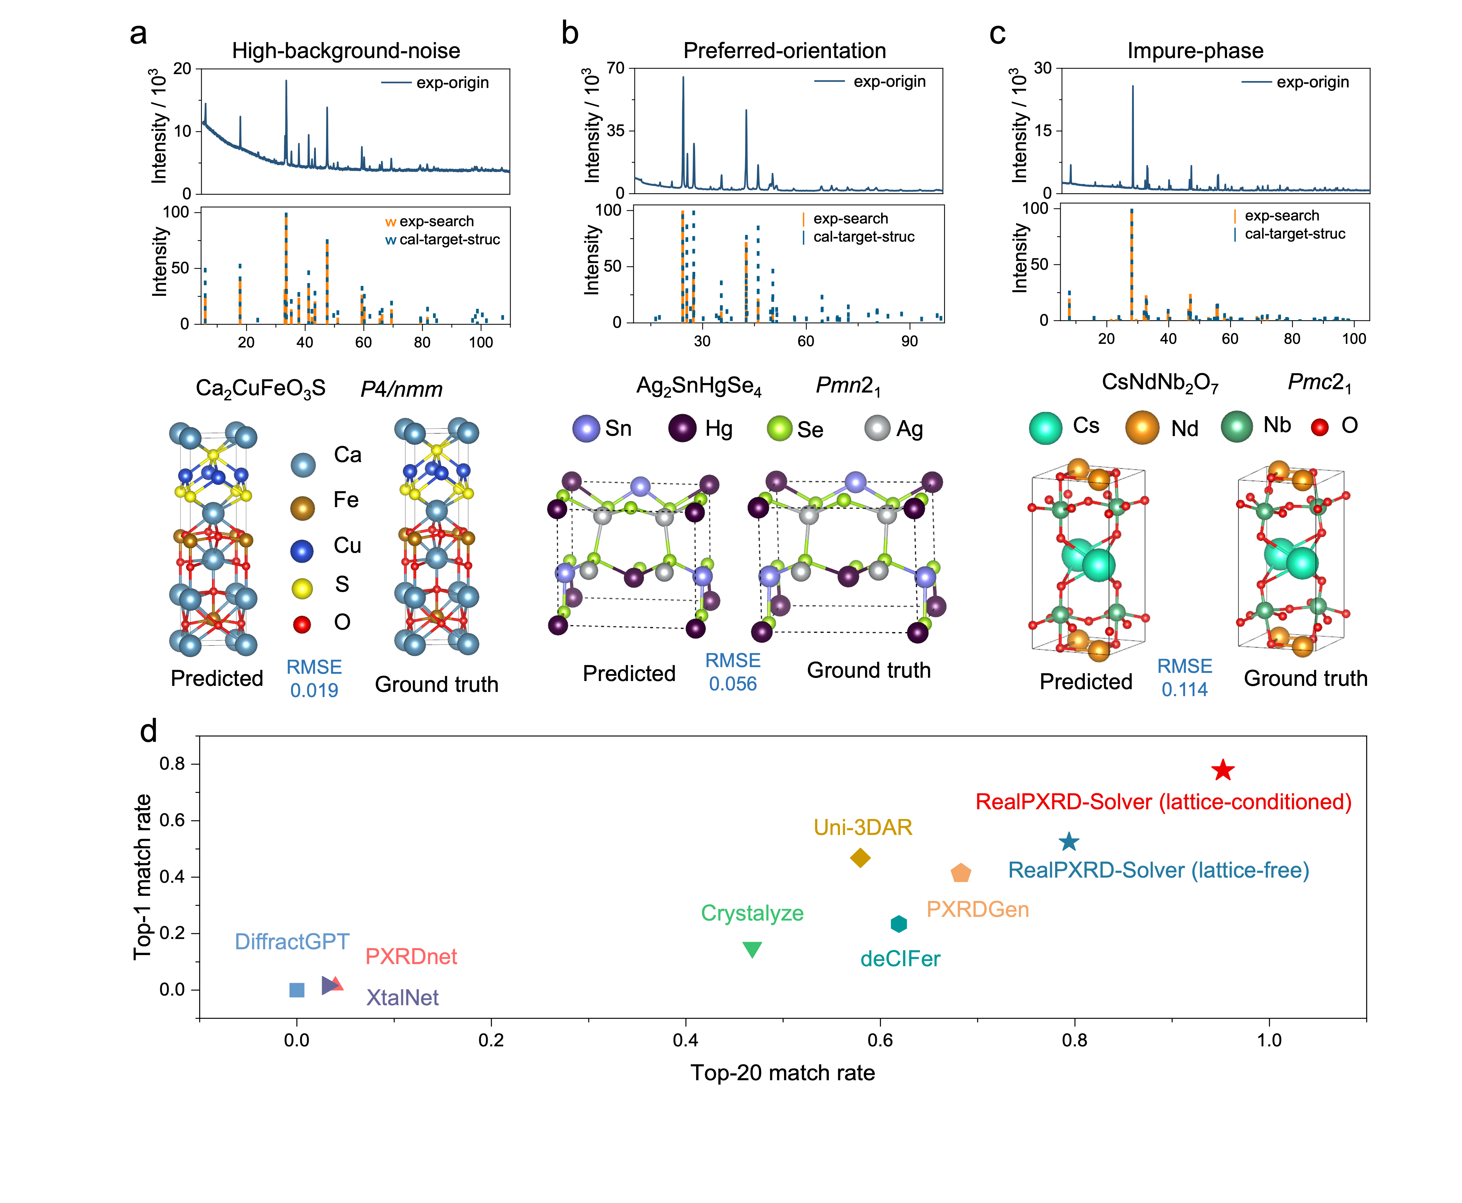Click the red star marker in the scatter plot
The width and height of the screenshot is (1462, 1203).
[1223, 770]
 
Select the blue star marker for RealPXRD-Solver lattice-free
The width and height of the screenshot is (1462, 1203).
[1069, 842]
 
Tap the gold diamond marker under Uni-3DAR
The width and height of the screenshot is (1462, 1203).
[860, 858]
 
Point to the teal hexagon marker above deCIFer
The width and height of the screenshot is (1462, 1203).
[899, 924]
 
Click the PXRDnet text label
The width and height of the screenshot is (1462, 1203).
[411, 956]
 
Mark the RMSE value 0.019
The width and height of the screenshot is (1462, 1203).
[314, 690]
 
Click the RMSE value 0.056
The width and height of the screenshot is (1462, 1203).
[732, 684]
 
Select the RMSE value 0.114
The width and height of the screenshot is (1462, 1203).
[1184, 690]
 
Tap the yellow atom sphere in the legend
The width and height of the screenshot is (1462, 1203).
[302, 589]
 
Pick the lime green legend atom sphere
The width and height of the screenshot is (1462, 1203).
[780, 428]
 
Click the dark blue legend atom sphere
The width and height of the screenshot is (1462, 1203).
[301, 551]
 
